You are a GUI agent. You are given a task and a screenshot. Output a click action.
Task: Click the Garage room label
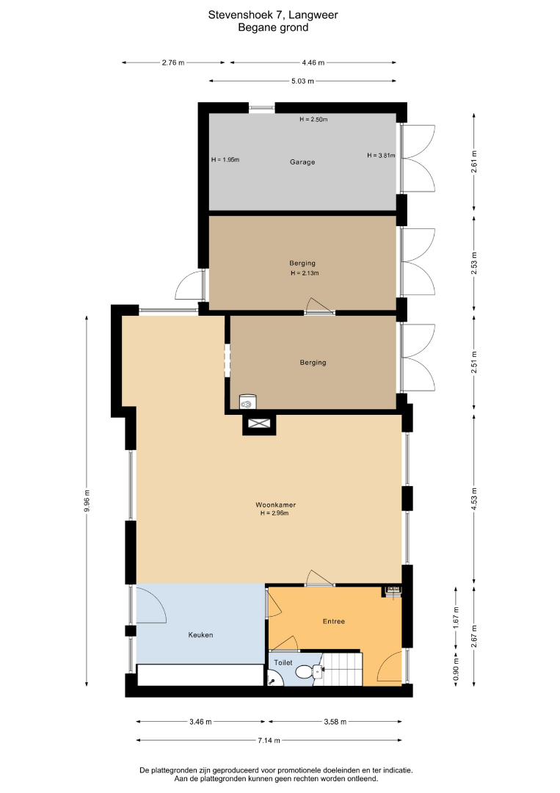[x=302, y=162]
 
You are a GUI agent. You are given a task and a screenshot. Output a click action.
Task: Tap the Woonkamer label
[x=275, y=504]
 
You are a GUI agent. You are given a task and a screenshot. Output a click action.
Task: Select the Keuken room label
[x=200, y=634]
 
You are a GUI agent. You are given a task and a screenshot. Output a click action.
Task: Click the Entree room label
[x=333, y=621]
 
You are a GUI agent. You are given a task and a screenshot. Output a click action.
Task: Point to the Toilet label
[x=283, y=662]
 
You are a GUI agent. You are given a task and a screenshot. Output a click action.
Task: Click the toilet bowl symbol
[x=304, y=672]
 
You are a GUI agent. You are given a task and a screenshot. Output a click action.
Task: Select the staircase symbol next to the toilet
[x=343, y=669]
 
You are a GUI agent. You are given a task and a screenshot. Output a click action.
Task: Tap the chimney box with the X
[x=259, y=424]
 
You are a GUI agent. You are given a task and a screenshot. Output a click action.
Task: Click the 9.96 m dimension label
[x=87, y=501]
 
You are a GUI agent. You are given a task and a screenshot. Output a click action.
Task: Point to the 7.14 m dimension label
[x=269, y=740]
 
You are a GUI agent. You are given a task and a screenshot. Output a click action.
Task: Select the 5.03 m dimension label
[x=302, y=81]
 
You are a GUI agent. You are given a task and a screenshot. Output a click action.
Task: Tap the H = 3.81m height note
[x=381, y=155]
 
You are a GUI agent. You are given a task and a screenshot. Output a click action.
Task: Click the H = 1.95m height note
[x=225, y=160]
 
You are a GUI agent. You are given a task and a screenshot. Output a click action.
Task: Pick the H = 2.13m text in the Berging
[x=305, y=273]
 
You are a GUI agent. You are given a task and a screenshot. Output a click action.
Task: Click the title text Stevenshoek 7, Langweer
[x=273, y=15]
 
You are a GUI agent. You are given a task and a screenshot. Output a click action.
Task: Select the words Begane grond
[x=273, y=27]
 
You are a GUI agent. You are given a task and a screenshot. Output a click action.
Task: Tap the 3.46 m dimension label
[x=200, y=722]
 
